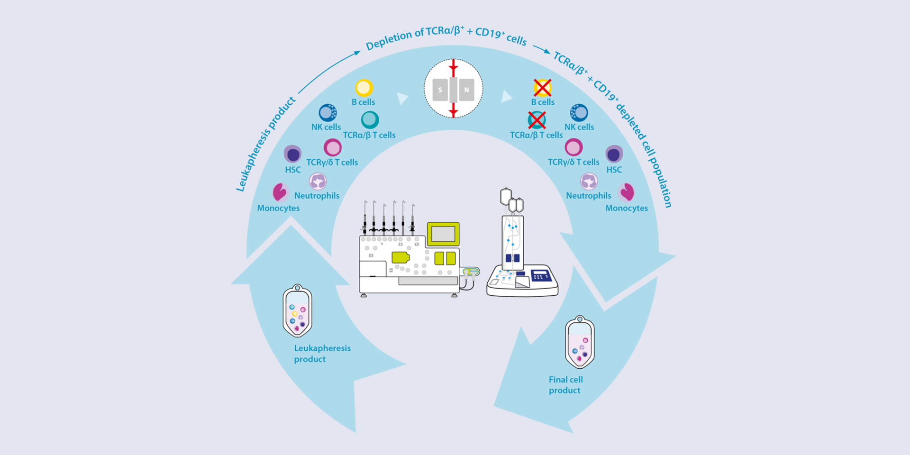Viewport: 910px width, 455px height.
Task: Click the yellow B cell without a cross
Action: click(x=364, y=88)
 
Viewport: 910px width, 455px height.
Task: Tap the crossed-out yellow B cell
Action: click(x=542, y=88)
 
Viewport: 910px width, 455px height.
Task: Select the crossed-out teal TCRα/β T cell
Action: click(x=537, y=120)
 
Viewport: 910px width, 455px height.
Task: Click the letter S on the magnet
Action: click(x=440, y=90)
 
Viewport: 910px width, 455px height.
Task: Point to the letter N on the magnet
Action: click(x=466, y=90)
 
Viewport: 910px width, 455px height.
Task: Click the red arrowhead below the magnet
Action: click(x=454, y=112)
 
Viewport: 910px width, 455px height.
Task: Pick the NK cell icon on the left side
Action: click(x=328, y=113)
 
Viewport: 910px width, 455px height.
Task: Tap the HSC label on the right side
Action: click(x=614, y=170)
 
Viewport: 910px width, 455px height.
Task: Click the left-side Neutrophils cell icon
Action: click(x=318, y=181)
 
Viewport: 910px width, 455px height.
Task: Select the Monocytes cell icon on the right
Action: click(x=627, y=192)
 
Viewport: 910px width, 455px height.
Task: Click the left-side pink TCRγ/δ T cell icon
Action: click(x=332, y=147)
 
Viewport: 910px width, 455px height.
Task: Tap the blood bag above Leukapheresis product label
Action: click(x=297, y=311)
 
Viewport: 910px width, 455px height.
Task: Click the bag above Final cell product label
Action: click(x=580, y=343)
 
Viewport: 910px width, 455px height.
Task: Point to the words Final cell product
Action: click(x=565, y=385)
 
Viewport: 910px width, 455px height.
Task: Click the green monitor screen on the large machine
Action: click(x=443, y=234)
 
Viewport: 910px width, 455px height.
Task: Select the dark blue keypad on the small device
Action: click(x=540, y=275)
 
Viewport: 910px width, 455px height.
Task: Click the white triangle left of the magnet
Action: click(x=402, y=98)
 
